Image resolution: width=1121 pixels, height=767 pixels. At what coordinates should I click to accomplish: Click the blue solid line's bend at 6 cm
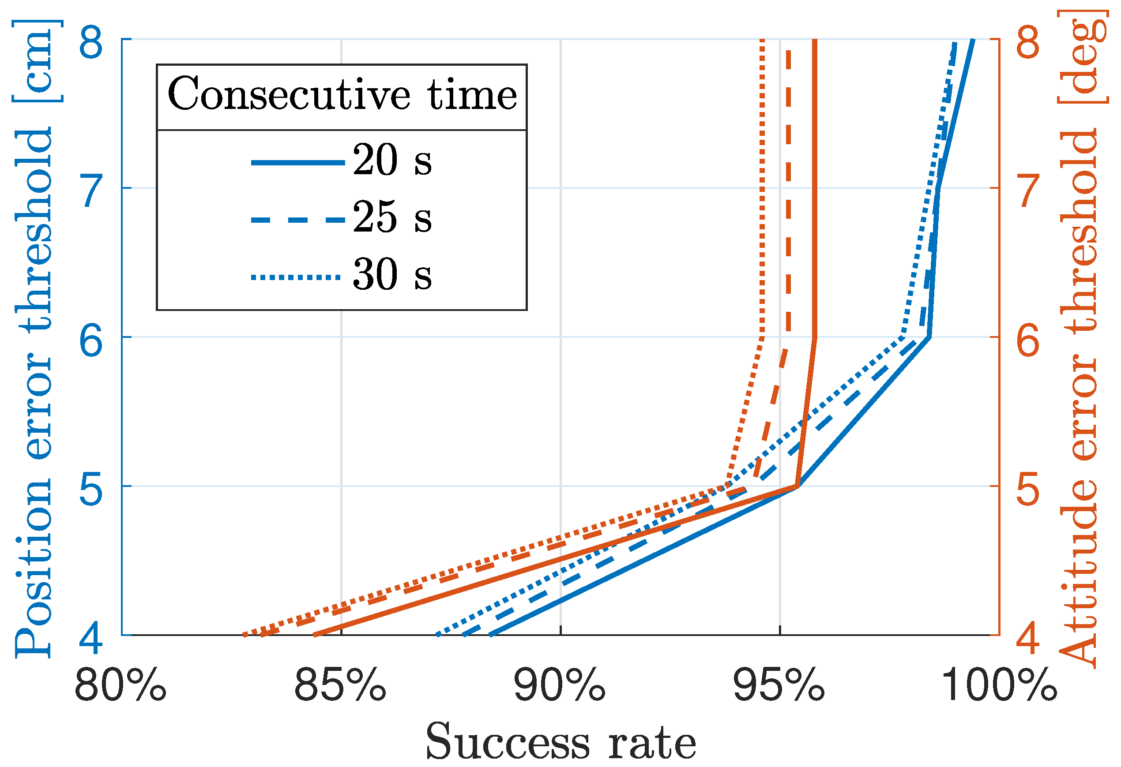929,337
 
